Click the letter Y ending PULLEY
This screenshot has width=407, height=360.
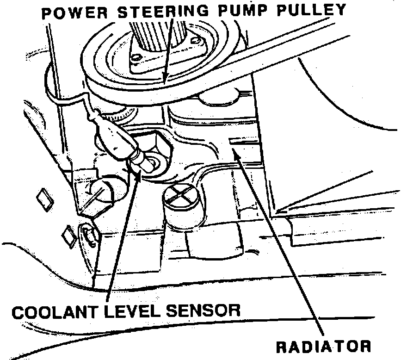tap(342, 9)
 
